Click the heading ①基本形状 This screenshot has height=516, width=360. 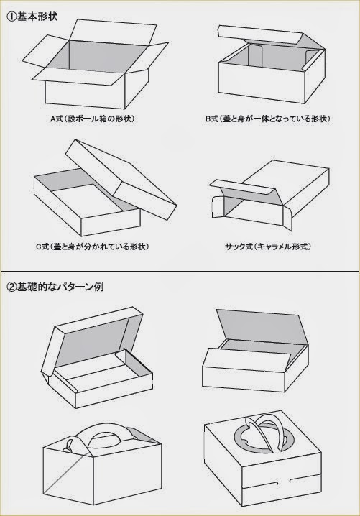(32, 16)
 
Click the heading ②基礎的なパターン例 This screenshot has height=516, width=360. (55, 287)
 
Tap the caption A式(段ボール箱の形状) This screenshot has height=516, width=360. (93, 119)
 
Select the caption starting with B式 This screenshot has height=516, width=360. (267, 119)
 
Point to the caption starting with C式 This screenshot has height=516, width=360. (93, 247)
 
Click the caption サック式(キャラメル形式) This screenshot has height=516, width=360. (268, 247)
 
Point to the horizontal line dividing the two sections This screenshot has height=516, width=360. (180, 272)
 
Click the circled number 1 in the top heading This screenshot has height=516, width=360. (11, 17)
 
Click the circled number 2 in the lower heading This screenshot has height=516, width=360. (11, 287)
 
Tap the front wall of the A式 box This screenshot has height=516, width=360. (85, 94)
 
